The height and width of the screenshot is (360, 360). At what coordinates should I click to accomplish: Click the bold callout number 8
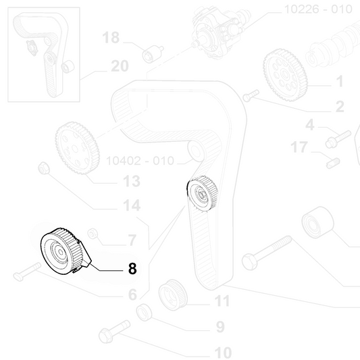point(132,268)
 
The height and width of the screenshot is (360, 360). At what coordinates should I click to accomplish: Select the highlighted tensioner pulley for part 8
point(66,251)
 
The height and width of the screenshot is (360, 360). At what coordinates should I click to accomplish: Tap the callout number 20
point(120,66)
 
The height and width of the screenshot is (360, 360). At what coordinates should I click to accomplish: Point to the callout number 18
point(111,37)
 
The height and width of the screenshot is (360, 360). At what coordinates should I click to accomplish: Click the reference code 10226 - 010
point(318,9)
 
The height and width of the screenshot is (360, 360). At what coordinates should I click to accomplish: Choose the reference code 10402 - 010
point(140,161)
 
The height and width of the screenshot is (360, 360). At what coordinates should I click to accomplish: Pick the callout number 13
point(132,181)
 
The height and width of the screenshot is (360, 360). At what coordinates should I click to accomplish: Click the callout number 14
point(132,205)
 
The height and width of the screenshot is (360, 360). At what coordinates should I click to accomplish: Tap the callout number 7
point(132,240)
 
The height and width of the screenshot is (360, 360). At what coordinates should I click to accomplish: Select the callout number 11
point(222,301)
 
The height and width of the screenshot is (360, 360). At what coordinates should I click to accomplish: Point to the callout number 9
point(220,327)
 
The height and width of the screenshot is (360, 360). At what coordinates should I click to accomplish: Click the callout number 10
point(223,353)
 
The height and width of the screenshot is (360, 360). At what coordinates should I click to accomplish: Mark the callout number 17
point(299,147)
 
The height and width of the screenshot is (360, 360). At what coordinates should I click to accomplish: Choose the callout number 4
point(310,125)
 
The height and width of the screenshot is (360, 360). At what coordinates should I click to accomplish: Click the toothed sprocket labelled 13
point(78,148)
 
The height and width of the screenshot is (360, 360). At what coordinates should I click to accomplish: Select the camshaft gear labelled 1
point(285,75)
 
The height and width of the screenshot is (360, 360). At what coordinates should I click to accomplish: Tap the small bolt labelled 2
point(251,95)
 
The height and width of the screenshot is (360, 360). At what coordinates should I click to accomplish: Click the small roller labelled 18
point(153,54)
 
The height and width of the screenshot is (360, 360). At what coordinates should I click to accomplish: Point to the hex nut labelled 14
point(44,168)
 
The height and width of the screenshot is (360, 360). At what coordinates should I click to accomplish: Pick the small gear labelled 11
point(173,295)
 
